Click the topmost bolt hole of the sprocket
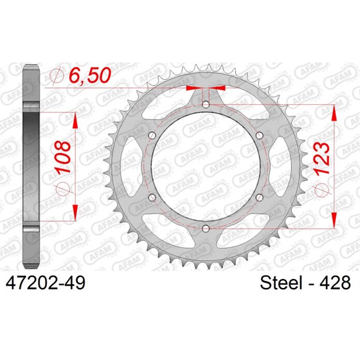click(x=205, y=104)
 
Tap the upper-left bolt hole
click(x=151, y=135)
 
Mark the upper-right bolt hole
click(x=259, y=135)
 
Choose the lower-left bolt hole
click(x=151, y=197)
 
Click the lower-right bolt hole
click(x=259, y=197)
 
